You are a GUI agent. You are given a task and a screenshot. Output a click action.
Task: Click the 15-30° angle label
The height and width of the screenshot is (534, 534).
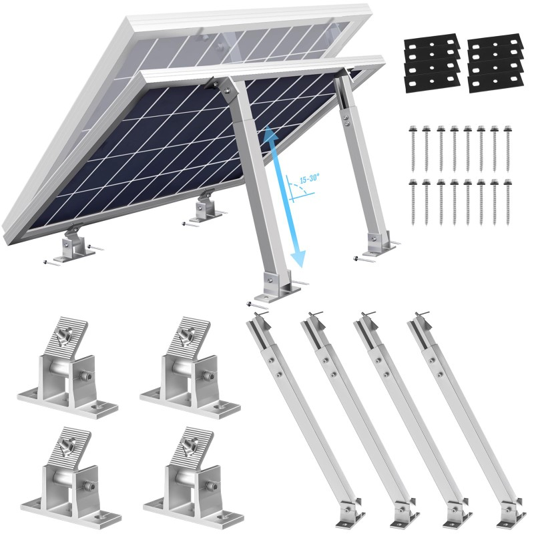tap(310, 179)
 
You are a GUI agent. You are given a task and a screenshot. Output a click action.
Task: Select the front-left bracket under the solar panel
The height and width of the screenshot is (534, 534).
tap(71, 245)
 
